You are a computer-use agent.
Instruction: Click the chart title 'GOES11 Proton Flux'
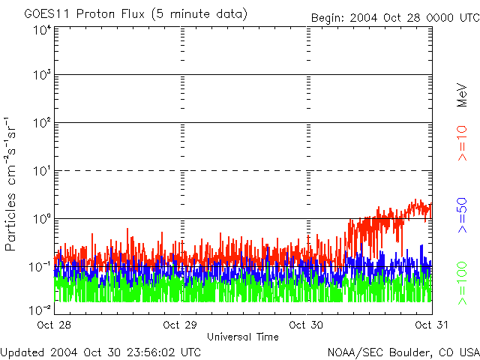pyautogui.click(x=90, y=14)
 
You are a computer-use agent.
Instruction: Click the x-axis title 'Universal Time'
pyautogui.click(x=243, y=337)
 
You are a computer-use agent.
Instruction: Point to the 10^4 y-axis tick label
pyautogui.click(x=42, y=29)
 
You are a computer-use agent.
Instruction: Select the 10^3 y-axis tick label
pyautogui.click(x=42, y=76)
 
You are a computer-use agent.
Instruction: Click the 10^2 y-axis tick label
pyautogui.click(x=42, y=124)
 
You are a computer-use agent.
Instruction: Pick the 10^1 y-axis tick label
pyautogui.click(x=42, y=172)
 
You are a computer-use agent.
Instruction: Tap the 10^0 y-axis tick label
pyautogui.click(x=42, y=220)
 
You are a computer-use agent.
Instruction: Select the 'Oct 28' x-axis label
pyautogui.click(x=54, y=325)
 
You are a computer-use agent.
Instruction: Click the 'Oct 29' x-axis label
pyautogui.click(x=180, y=325)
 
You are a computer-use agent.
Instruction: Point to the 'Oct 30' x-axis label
pyautogui.click(x=306, y=325)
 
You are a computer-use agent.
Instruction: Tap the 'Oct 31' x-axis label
pyautogui.click(x=431, y=325)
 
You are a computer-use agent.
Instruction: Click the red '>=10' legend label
pyautogui.click(x=463, y=143)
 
